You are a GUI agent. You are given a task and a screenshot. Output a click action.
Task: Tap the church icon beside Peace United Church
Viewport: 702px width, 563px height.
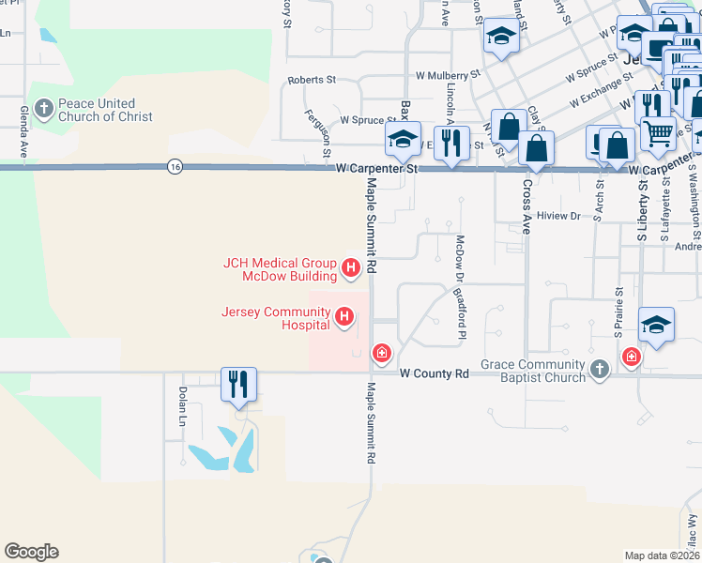pyautogui.click(x=43, y=110)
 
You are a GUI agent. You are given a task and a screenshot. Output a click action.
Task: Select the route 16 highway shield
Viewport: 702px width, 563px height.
pyautogui.click(x=175, y=167)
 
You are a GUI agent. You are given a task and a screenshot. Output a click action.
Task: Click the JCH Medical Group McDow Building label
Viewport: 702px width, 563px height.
pyautogui.click(x=280, y=269)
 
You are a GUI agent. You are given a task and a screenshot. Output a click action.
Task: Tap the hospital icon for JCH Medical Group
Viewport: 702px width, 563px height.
pyautogui.click(x=351, y=269)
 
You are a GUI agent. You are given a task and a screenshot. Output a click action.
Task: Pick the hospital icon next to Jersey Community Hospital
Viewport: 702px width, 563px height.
pyautogui.click(x=344, y=318)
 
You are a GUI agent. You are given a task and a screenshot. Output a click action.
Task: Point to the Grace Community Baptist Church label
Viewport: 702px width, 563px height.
pyautogui.click(x=533, y=371)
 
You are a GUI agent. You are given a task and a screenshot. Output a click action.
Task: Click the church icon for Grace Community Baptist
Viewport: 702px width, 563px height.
pyautogui.click(x=600, y=371)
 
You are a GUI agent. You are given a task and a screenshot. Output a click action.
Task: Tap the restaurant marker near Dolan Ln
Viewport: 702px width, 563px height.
pyautogui.click(x=238, y=384)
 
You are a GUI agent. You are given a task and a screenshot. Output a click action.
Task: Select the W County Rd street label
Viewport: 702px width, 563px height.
pyautogui.click(x=434, y=373)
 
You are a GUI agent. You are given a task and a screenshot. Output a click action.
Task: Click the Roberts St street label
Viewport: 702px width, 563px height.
pyautogui.click(x=312, y=81)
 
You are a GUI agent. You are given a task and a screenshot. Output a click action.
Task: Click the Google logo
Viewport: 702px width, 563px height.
pyautogui.click(x=31, y=552)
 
